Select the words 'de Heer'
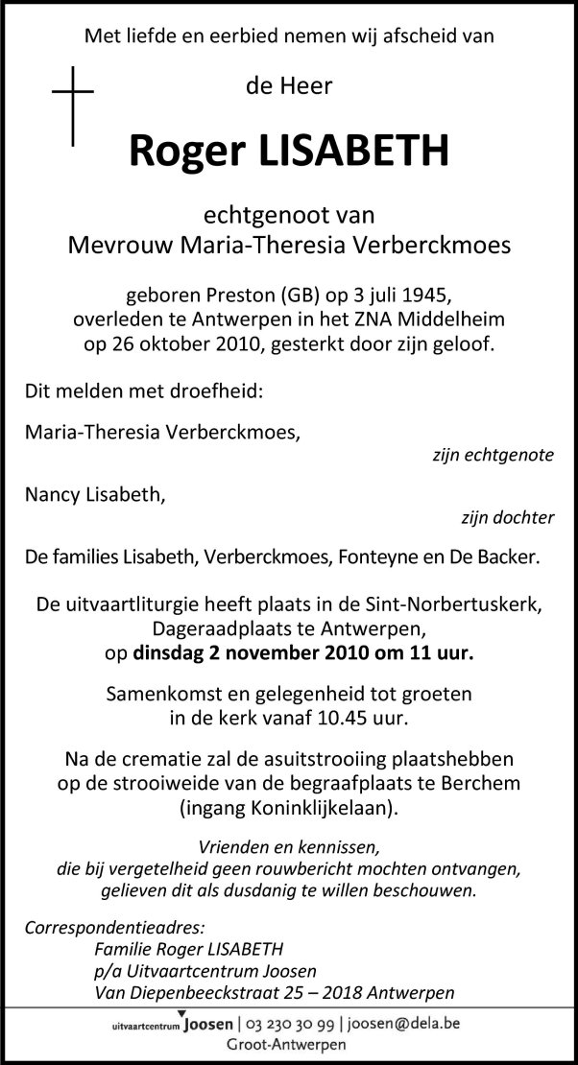pos(289,86)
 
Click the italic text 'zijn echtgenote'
pos(494,455)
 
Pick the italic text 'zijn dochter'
pos(506,518)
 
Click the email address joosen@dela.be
pos(403,1024)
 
